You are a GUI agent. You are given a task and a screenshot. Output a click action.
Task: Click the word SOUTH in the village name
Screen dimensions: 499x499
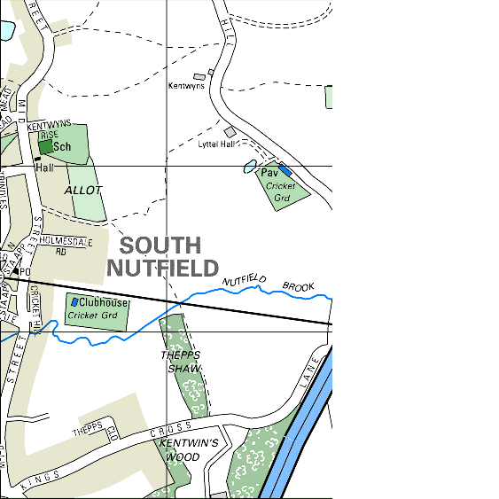160,246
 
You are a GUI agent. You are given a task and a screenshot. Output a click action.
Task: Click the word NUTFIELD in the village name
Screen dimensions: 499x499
162,268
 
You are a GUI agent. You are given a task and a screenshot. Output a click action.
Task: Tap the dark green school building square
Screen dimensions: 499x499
44,146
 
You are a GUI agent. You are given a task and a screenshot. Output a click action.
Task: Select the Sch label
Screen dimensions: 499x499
62,147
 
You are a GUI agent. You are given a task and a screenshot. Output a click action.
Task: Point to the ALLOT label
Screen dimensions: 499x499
83,190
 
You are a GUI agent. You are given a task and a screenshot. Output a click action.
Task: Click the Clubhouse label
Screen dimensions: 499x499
103,303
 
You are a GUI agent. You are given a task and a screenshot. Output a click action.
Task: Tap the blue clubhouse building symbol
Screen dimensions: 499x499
74,302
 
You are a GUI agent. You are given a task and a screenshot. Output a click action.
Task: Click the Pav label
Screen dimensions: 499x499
269,174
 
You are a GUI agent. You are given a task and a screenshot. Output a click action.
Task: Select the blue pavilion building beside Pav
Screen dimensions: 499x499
285,168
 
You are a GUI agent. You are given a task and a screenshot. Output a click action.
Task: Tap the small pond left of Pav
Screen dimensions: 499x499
250,167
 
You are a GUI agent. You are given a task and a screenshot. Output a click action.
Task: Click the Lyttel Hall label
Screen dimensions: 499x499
216,144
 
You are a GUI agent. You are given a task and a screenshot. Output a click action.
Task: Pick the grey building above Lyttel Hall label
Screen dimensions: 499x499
230,131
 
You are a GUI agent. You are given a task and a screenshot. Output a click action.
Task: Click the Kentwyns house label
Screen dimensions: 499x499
186,86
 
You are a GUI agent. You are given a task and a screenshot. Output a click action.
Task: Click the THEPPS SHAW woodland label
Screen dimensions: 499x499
181,362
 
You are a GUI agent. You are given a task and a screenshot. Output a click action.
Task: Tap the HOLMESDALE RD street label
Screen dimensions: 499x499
64,246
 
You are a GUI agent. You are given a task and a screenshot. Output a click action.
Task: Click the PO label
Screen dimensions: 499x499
25,271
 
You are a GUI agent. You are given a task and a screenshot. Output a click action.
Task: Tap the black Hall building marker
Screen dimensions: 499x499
38,159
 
